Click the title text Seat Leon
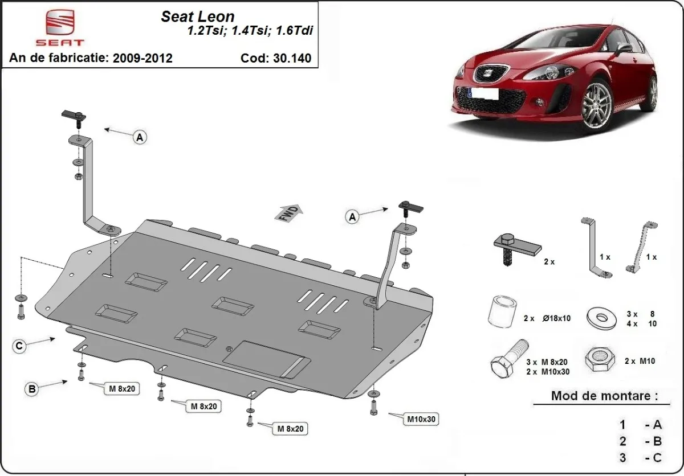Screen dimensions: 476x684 (198, 17)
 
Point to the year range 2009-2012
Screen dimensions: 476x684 (142, 58)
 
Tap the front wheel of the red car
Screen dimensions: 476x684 (598, 105)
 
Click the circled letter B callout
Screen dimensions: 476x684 (32, 389)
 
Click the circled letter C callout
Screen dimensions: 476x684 (20, 346)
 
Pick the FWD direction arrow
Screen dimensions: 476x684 (290, 213)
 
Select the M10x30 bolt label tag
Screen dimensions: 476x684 (421, 420)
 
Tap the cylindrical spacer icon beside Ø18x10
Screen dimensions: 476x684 (500, 313)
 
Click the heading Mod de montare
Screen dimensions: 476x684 (604, 396)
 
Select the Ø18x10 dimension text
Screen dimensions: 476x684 (558, 318)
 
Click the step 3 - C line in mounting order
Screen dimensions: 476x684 (641, 457)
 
